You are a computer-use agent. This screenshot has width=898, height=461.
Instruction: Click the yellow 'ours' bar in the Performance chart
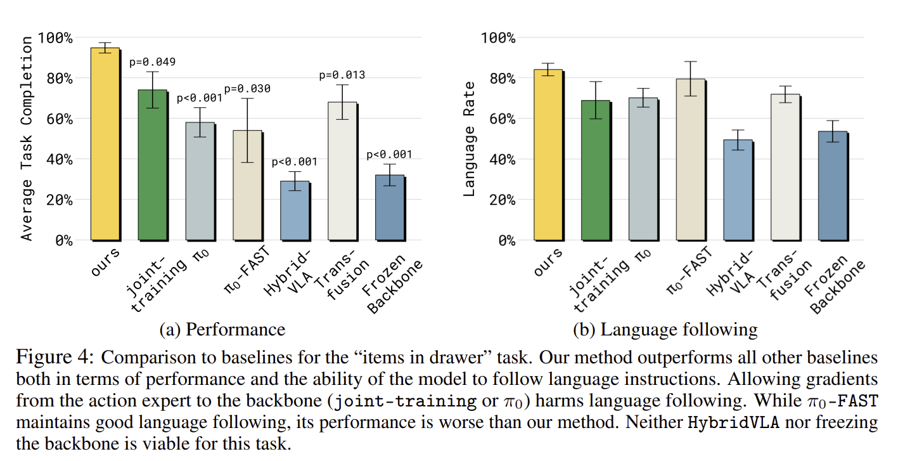tap(105, 144)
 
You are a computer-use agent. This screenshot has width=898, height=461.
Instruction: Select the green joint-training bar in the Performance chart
tap(152, 165)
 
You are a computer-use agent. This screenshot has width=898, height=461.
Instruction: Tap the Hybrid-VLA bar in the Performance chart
tap(295, 211)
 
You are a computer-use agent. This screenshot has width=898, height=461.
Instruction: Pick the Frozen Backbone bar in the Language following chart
tap(833, 186)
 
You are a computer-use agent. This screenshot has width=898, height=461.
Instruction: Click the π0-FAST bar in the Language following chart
tap(690, 160)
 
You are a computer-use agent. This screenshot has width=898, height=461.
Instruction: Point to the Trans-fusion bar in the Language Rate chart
tap(785, 167)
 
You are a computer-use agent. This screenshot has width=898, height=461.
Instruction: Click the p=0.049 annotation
tap(152, 62)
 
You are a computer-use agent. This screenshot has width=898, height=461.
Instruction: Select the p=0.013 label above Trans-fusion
tap(342, 75)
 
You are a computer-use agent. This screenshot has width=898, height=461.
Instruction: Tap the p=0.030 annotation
tap(247, 89)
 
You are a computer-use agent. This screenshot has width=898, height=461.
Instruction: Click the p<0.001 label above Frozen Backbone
tap(389, 155)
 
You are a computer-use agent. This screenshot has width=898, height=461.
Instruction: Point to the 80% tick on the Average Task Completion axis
tap(60, 79)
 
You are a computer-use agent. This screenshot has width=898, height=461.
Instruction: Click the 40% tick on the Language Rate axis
tap(503, 160)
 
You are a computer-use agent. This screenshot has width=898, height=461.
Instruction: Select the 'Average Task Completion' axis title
tap(27, 138)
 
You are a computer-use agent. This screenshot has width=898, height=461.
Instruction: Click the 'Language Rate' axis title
tap(468, 139)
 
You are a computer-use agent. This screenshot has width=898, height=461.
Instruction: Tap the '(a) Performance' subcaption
tap(222, 330)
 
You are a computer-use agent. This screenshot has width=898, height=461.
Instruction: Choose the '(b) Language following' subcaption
tap(665, 330)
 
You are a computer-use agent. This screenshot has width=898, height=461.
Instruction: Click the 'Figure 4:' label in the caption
tap(55, 357)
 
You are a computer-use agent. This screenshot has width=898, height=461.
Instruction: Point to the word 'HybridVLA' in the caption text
tap(734, 422)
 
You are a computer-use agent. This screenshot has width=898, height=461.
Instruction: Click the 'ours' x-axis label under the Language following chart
tap(548, 262)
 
